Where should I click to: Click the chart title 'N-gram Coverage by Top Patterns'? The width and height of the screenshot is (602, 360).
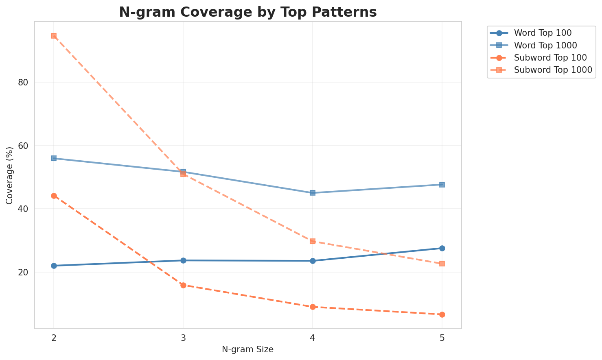[247, 12]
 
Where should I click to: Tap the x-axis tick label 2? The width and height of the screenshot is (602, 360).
[54, 338]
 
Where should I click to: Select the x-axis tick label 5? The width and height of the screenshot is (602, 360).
[442, 338]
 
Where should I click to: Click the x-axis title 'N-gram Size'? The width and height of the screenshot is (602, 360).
[247, 349]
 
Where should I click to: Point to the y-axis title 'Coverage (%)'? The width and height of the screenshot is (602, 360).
[9, 175]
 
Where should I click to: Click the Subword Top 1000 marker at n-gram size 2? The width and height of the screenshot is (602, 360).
[54, 36]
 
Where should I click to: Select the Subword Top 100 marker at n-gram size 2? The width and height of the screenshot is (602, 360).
[54, 196]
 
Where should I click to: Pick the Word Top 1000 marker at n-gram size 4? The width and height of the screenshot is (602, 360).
[313, 193]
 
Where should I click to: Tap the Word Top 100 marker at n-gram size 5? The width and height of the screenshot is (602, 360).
[442, 248]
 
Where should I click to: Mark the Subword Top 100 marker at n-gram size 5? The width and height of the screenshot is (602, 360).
[442, 314]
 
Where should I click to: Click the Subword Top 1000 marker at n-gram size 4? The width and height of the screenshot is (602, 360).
[313, 241]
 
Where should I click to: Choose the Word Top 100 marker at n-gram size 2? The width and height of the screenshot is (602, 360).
[54, 266]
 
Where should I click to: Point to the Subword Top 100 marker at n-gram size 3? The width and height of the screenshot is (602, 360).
[183, 285]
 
